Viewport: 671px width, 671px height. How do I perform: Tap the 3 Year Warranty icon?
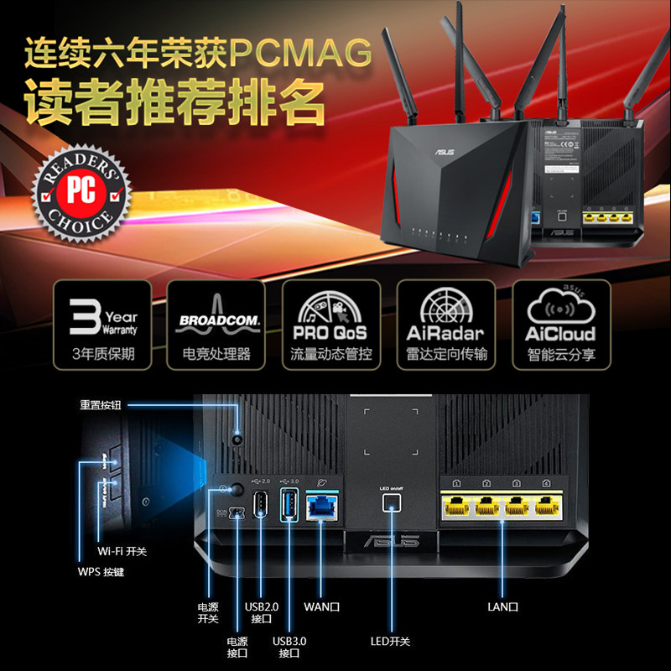coord(102,324)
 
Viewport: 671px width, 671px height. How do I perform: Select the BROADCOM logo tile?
coord(216,324)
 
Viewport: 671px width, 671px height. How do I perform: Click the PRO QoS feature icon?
coord(330,324)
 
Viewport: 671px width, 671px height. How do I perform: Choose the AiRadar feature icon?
coord(445,324)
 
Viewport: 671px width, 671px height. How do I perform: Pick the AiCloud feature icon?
coord(560,324)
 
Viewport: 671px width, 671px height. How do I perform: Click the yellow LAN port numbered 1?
coord(458,507)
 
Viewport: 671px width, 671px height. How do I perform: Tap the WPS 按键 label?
coord(101,573)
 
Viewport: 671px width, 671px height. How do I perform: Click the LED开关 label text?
coord(390,642)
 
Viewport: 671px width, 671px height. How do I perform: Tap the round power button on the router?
coord(237,489)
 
